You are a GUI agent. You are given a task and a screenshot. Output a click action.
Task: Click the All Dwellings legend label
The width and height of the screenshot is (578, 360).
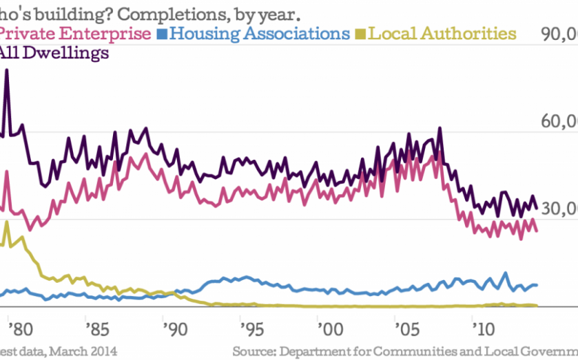[x=55, y=53]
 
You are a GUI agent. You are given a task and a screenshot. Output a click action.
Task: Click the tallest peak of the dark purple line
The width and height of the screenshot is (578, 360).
[x=7, y=70]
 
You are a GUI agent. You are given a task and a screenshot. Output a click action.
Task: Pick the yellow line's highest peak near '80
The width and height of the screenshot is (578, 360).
[x=6, y=222]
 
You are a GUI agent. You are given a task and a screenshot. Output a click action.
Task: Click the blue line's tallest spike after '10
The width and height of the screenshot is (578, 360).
[x=506, y=273]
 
